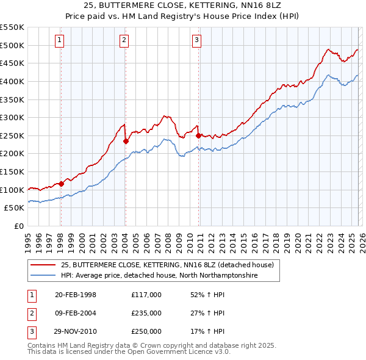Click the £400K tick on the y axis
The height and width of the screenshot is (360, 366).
coord(12,81)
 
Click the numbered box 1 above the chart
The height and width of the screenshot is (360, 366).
coord(60,40)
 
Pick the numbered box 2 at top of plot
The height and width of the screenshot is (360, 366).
coord(124,40)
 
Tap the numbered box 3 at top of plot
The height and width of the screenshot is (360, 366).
coord(197,40)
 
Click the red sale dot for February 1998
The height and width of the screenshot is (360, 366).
coord(61,183)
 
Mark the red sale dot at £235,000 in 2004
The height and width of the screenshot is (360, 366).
coord(125,141)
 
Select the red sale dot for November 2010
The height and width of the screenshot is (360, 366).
coord(198,135)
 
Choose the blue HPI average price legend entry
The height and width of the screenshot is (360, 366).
coord(159,276)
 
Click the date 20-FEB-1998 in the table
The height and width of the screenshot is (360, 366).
coord(76,295)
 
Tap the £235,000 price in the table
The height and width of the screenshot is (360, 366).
coord(146,313)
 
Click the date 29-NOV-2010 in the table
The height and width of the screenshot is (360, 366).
coord(76,331)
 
